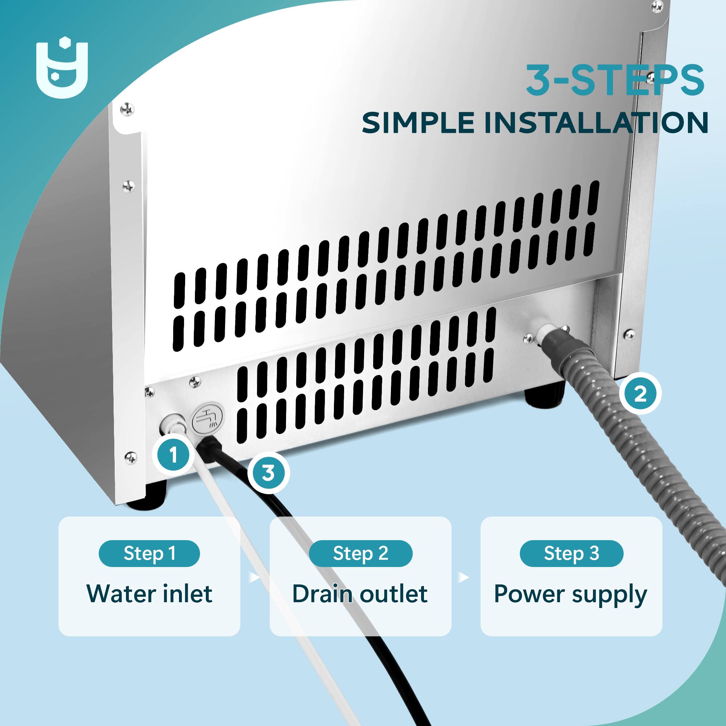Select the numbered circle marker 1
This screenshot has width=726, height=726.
pyautogui.click(x=173, y=455)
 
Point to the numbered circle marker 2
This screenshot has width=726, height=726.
pyautogui.click(x=640, y=394)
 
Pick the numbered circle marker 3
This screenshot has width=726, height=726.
pyautogui.click(x=268, y=472)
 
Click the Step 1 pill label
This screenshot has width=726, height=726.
pyautogui.click(x=149, y=554)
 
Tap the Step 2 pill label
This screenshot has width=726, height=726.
pyautogui.click(x=360, y=554)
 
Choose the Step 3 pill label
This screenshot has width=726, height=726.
pyautogui.click(x=571, y=554)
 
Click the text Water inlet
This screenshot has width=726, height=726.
pyautogui.click(x=149, y=594)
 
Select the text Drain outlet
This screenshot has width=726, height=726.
pyautogui.click(x=360, y=594)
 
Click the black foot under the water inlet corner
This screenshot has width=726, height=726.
pyautogui.click(x=147, y=497)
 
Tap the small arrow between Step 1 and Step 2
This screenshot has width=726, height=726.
pyautogui.click(x=254, y=577)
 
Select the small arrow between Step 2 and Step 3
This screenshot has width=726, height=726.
pyautogui.click(x=465, y=577)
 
